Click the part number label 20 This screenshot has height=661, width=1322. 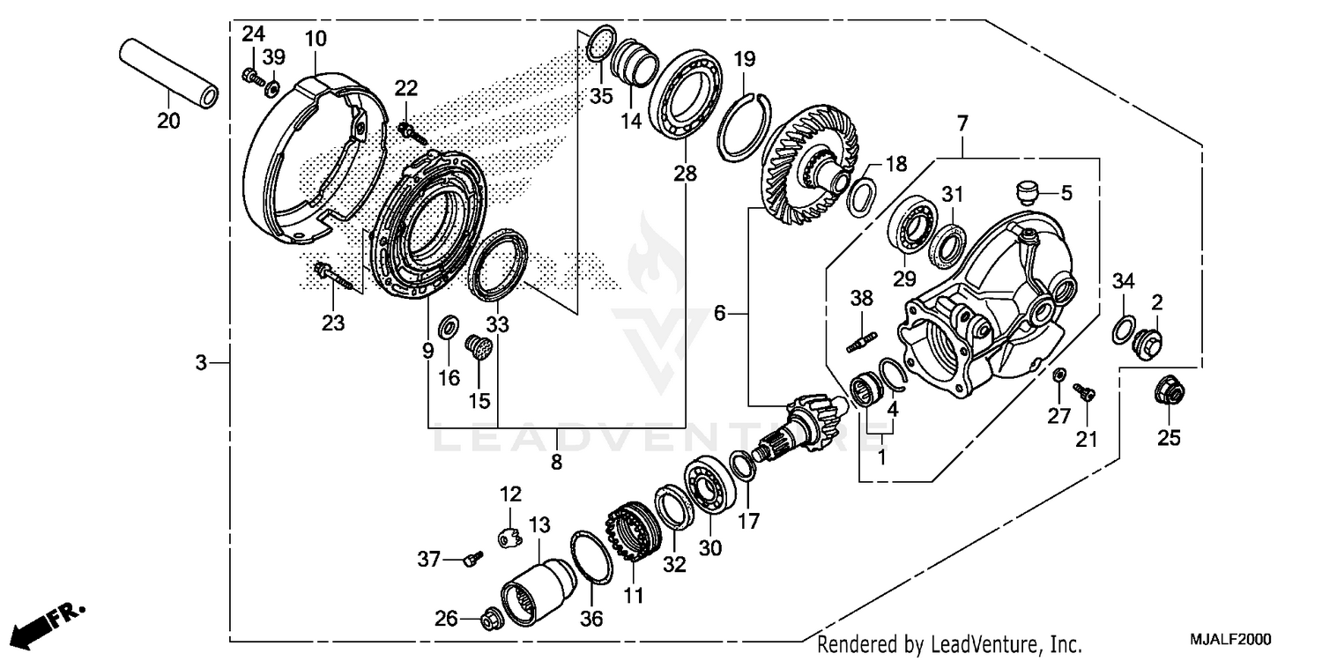pos(168,122)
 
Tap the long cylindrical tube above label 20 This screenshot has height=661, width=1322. pos(168,73)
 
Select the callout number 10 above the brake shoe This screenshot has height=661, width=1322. pos(316,39)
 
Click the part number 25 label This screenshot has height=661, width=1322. pos(1169,437)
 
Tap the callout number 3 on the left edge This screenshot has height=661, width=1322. pos(201,362)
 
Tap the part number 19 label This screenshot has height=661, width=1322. pos(745,60)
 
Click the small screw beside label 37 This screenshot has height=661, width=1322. pos(473,558)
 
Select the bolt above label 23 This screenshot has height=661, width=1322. pos(333,274)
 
